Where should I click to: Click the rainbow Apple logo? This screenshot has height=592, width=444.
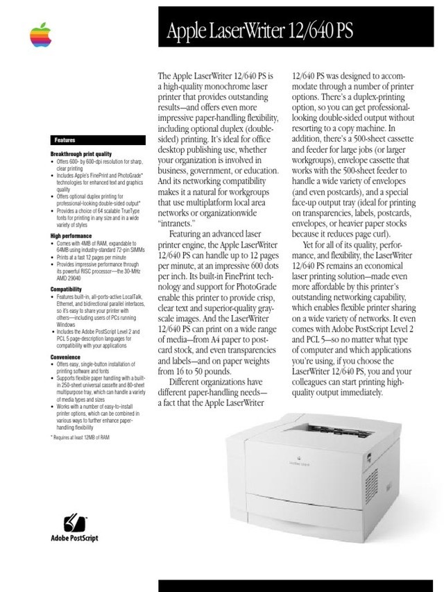pyautogui.click(x=41, y=34)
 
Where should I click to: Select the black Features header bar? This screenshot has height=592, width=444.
pyautogui.click(x=96, y=140)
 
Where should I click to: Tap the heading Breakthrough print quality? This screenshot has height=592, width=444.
pyautogui.click(x=80, y=153)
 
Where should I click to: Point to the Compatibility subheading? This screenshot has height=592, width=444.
pyautogui.click(x=67, y=289)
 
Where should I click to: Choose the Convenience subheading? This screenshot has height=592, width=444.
pyautogui.click(x=65, y=357)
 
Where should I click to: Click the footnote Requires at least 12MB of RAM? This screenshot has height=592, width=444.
pyautogui.click(x=80, y=438)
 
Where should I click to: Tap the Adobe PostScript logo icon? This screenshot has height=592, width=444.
pyautogui.click(x=74, y=521)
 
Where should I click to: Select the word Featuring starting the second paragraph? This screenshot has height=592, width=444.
pyautogui.click(x=189, y=235)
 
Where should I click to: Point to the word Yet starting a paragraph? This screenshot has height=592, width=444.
pyautogui.click(x=311, y=245)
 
